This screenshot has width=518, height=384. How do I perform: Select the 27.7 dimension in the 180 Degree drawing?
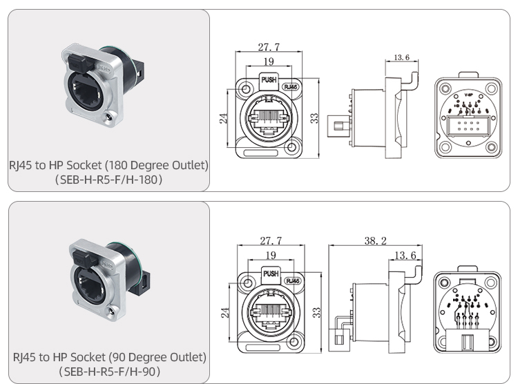click(269, 47)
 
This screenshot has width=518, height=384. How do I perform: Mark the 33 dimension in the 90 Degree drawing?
click(315, 312)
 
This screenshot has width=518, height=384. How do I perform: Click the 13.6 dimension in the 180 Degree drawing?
click(401, 57)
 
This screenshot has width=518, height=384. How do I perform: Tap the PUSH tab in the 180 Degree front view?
click(269, 80)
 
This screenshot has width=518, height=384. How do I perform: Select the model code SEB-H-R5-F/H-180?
click(108, 180)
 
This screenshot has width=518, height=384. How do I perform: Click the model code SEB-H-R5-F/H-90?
click(108, 372)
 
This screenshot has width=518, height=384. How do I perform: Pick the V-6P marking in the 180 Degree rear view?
click(468, 94)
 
